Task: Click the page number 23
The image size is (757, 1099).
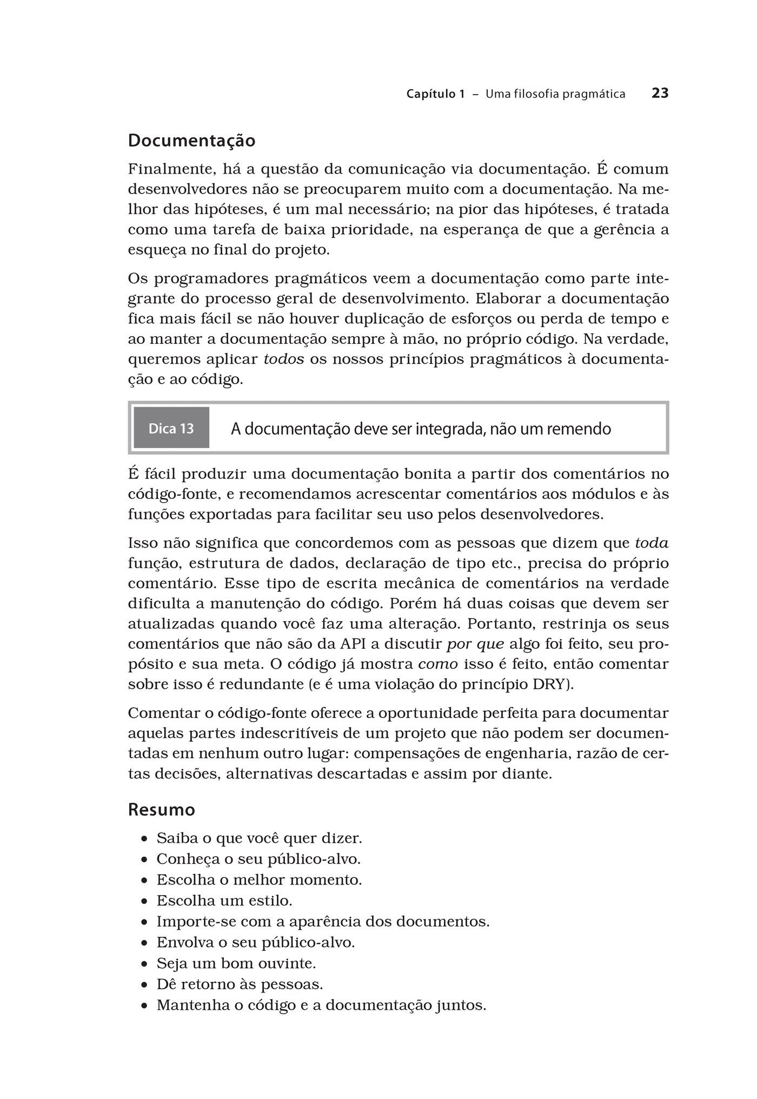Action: click(x=660, y=94)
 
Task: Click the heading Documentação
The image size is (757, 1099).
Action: click(x=191, y=141)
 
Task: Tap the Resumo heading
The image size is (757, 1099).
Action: click(x=161, y=810)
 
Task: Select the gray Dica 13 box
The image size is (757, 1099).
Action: click(x=171, y=428)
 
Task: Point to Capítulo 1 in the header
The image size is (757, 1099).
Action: click(x=435, y=94)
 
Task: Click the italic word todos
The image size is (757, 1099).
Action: click(x=283, y=359)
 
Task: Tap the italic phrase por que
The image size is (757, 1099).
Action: click(x=475, y=644)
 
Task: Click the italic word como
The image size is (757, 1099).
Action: click(x=438, y=664)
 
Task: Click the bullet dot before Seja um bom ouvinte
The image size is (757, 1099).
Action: click(x=144, y=964)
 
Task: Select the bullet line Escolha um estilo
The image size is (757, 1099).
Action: click(x=224, y=901)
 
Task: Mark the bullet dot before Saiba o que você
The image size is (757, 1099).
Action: click(x=144, y=839)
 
